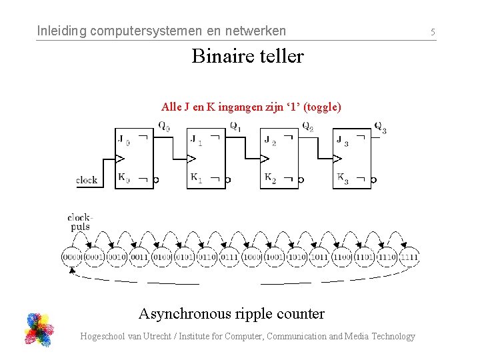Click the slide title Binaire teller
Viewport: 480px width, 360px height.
tap(247, 56)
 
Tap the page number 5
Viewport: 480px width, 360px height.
tap(433, 31)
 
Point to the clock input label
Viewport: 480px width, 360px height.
tap(87, 179)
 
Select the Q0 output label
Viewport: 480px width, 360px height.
tap(164, 125)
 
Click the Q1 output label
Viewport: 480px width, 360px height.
tap(236, 125)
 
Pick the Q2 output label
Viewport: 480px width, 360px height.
tap(307, 126)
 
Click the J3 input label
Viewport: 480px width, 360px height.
tap(343, 141)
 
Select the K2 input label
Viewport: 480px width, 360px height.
tap(270, 178)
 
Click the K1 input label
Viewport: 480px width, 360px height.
tap(197, 178)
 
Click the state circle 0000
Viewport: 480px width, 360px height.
tap(72, 257)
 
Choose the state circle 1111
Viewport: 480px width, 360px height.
tap(409, 257)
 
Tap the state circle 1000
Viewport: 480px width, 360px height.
tap(252, 257)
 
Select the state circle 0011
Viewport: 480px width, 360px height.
tap(139, 257)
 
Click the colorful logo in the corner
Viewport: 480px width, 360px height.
tap(39, 329)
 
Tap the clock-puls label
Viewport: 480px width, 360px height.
tap(80, 222)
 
